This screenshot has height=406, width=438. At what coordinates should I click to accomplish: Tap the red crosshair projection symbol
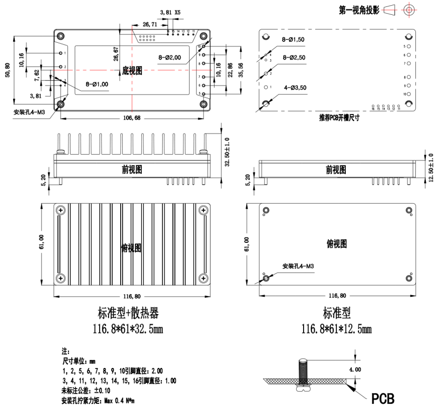(x=409, y=9)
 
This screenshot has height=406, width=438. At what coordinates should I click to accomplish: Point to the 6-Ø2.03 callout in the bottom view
(x=170, y=56)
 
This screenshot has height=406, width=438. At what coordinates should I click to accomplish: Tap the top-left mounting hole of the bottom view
(x=62, y=35)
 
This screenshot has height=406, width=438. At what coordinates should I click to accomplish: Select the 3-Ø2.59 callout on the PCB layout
(x=294, y=57)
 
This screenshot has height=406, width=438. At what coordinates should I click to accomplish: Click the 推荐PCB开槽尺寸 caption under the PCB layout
(x=339, y=118)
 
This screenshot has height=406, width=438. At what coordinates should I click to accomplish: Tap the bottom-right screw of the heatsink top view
(x=202, y=278)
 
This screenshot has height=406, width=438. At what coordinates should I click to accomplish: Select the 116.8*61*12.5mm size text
(x=336, y=329)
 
